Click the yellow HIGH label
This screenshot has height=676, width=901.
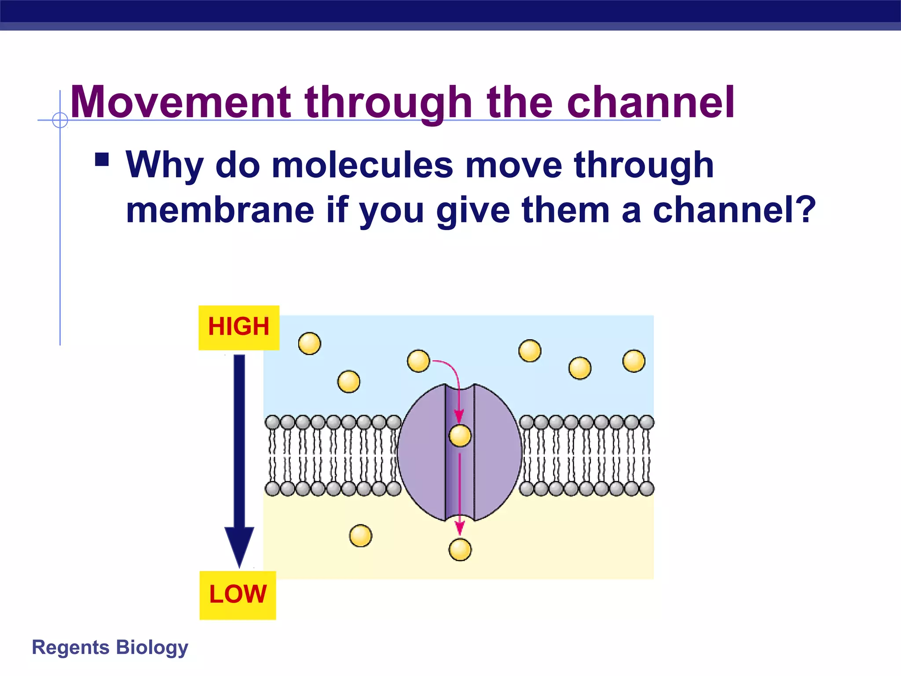coord(239,327)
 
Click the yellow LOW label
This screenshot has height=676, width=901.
coord(238,595)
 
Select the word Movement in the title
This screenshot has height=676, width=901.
coord(180,102)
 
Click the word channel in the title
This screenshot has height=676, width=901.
coord(651,102)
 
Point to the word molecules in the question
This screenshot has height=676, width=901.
coord(362,165)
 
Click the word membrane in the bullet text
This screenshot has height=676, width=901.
coord(220,210)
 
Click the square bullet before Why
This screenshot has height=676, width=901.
coord(102,159)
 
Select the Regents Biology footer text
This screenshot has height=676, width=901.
coord(110,647)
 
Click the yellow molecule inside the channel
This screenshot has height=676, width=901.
coord(460,436)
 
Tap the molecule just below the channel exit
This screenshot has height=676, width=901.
coord(460,550)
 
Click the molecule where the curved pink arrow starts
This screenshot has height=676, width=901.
coord(418,361)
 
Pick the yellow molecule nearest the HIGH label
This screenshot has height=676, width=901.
coord(309,343)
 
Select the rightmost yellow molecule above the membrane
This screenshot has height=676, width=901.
coord(634,361)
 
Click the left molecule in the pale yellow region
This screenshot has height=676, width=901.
coord(361,536)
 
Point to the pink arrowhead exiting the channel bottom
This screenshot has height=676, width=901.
coord(460,528)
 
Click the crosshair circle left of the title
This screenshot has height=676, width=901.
coord(60,120)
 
